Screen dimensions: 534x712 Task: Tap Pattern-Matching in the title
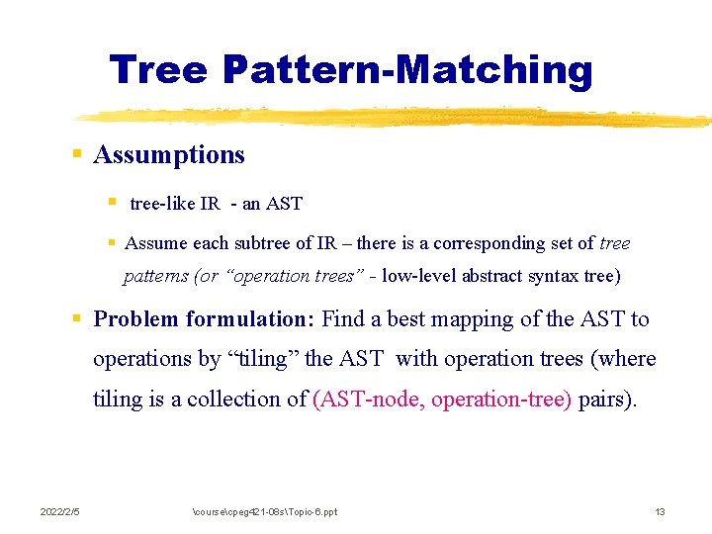point(406,70)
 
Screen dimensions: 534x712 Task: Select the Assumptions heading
point(169,155)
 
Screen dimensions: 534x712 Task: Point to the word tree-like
point(162,205)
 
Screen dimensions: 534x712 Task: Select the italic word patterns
point(156,276)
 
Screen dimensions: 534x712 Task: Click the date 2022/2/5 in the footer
point(59,511)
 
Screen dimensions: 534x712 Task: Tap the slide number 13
point(660,511)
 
